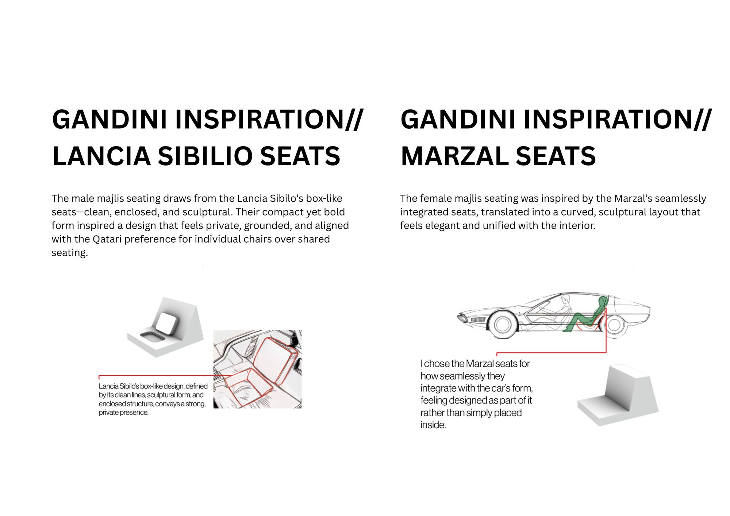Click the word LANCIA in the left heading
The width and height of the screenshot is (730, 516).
pyautogui.click(x=101, y=156)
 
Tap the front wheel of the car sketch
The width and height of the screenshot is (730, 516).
pyautogui.click(x=503, y=324)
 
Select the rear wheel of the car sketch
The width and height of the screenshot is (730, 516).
pyautogui.click(x=614, y=324)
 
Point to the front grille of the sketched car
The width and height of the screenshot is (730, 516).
pyautogui.click(x=478, y=319)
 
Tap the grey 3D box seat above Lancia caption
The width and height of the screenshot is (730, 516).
pyautogui.click(x=165, y=327)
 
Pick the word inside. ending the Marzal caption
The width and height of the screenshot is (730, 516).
pyautogui.click(x=433, y=425)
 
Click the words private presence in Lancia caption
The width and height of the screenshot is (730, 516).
pyautogui.click(x=124, y=413)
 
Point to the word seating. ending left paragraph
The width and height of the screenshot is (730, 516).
pyautogui.click(x=70, y=253)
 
